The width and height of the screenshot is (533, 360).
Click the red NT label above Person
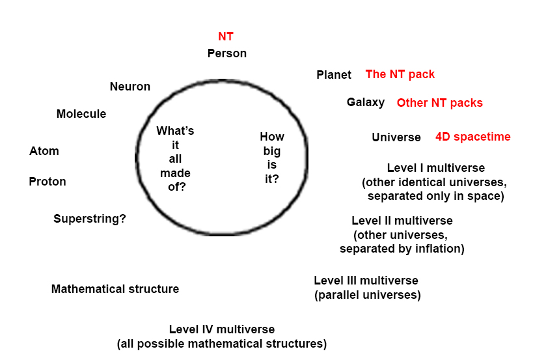tap(226, 37)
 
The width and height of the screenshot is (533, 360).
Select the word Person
tap(227, 53)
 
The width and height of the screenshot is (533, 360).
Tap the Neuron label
tap(130, 87)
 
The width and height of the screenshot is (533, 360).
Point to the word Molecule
tap(81, 114)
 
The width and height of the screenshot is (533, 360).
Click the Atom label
tap(44, 151)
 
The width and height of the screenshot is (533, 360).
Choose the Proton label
tap(48, 182)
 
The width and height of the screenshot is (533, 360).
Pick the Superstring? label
tap(90, 219)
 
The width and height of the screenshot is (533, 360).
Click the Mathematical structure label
tap(115, 289)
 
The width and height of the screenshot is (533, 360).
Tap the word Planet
tap(334, 75)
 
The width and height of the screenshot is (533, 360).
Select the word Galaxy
tap(366, 102)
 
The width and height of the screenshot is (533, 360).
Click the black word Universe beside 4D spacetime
tap(396, 137)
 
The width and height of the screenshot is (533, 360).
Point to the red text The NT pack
tap(400, 74)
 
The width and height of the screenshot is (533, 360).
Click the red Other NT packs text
tap(440, 103)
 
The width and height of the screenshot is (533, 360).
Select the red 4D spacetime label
tap(473, 137)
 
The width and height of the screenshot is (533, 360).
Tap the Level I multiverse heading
tap(436, 168)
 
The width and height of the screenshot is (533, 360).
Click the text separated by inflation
tap(402, 249)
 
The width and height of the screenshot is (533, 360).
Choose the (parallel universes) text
tap(368, 295)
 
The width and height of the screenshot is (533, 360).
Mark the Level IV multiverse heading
tap(222, 329)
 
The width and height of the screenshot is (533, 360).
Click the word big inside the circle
tap(272, 151)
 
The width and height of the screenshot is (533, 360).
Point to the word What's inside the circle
tap(175, 131)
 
